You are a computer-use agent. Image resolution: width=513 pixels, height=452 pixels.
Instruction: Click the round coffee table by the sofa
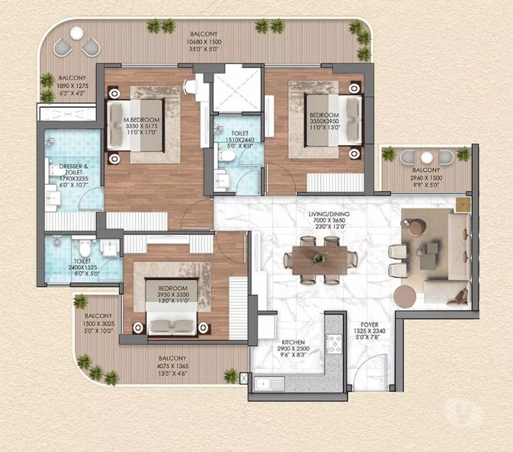coord(405,297)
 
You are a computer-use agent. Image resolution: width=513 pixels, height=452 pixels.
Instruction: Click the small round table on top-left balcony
coord(76,35)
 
